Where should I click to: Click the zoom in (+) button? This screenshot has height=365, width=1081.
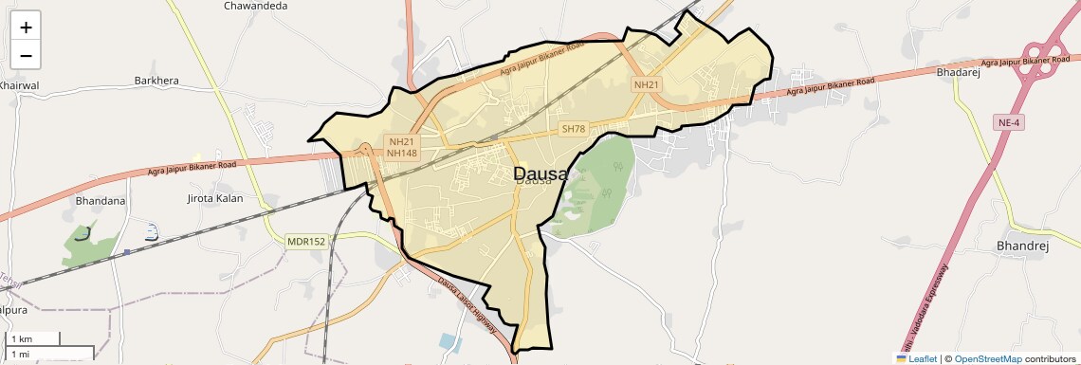pos(26,27)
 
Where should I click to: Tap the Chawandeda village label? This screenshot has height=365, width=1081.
pos(255,6)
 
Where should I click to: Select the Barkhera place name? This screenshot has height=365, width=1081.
pos(156,81)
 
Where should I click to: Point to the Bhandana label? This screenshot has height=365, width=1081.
pos(101,201)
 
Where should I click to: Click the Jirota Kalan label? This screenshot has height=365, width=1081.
pos(216,199)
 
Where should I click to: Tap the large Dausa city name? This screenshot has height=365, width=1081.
pos(541,173)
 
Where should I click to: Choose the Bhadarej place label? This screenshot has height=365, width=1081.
pos(958,72)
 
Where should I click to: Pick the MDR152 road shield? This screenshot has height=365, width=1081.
pos(306,242)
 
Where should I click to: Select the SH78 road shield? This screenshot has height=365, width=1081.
pos(574,129)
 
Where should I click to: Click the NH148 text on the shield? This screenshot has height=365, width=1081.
pos(402,154)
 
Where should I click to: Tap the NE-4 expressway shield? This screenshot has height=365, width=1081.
pos(1010,122)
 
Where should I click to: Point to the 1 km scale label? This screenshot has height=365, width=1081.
pos(21,338)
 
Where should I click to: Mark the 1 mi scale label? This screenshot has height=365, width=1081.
pos(19,354)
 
